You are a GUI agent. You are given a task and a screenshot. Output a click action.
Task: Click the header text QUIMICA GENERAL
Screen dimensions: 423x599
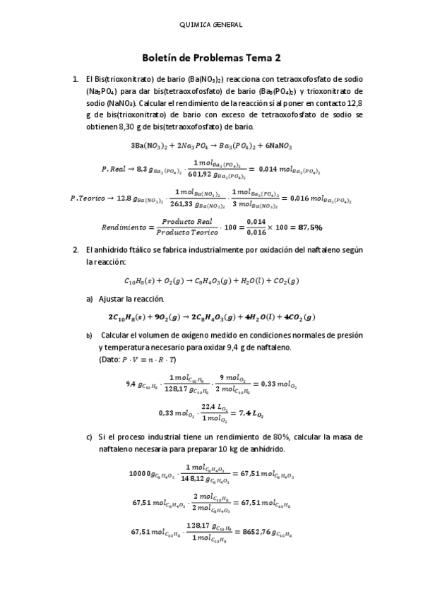(x=211, y=25)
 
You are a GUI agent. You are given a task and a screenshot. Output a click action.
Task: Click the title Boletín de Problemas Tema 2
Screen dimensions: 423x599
(x=211, y=58)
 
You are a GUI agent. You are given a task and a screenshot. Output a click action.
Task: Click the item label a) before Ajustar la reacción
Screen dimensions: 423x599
(x=90, y=299)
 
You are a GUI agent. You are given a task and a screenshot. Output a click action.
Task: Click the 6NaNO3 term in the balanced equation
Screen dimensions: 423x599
(x=276, y=146)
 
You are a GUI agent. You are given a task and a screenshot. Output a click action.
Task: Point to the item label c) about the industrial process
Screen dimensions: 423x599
(x=90, y=437)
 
